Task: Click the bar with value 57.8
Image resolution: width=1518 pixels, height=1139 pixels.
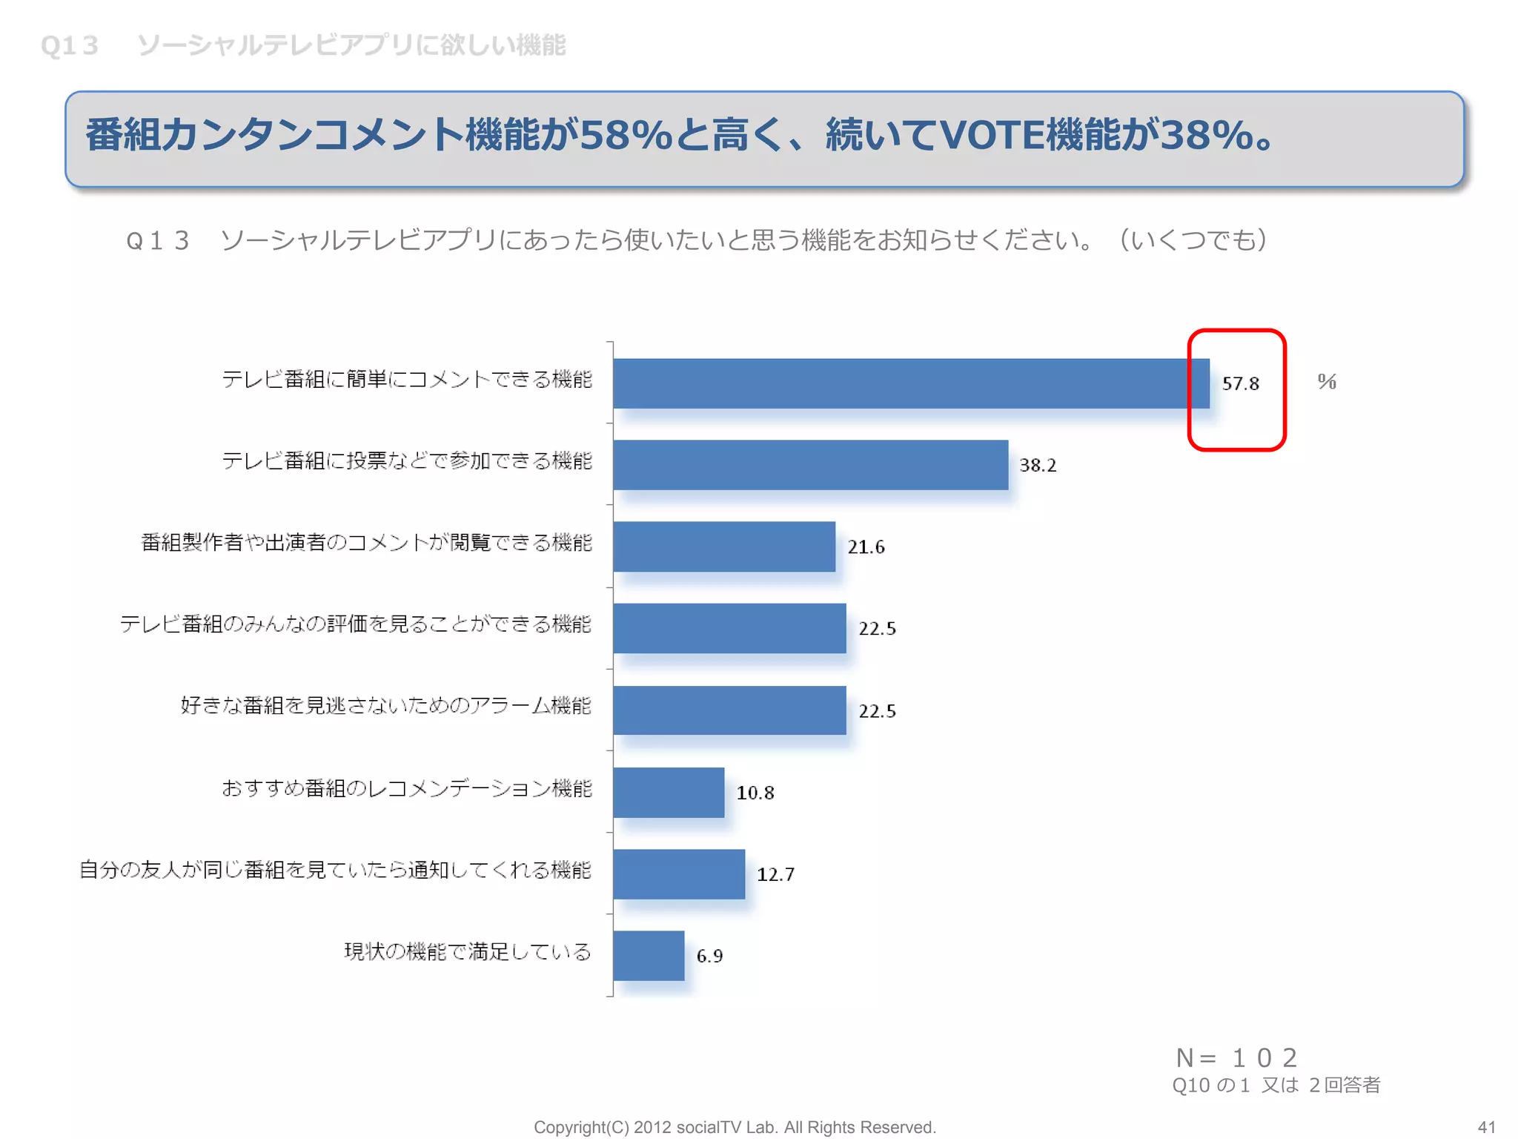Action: [910, 383]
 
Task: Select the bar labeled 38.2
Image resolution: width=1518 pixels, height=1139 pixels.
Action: [810, 465]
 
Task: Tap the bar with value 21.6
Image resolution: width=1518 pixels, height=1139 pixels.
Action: [724, 547]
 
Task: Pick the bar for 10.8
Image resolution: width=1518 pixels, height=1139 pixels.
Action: [669, 792]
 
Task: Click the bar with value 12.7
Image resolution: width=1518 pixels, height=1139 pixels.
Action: [679, 874]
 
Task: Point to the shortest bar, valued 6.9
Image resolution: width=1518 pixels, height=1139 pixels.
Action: [649, 955]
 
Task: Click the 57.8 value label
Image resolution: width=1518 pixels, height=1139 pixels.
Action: [1240, 383]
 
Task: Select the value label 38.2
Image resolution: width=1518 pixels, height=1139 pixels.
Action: [1038, 465]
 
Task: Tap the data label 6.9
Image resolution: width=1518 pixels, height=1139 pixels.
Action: [709, 956]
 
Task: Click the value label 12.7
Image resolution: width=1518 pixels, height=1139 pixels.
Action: [775, 874]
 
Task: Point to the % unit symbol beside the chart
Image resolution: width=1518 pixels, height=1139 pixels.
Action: [1327, 381]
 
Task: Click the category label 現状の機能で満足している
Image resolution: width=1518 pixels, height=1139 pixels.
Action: [468, 951]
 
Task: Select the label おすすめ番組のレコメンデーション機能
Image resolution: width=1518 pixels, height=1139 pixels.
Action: [407, 788]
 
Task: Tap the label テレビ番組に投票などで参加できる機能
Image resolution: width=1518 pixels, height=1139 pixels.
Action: [407, 460]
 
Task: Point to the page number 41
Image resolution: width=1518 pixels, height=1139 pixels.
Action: [1486, 1127]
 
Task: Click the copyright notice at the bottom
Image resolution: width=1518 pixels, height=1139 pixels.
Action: [735, 1127]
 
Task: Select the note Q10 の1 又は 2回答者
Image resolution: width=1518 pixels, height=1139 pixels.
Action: [1276, 1086]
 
